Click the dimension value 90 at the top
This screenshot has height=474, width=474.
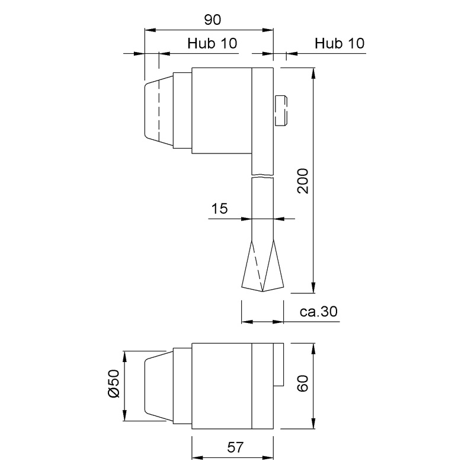(213, 20)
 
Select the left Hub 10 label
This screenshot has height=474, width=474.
(212, 43)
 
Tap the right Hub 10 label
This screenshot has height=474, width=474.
(340, 43)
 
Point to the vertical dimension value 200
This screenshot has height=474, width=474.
(303, 181)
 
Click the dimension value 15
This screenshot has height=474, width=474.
(219, 209)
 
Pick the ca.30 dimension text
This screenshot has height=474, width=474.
(319, 312)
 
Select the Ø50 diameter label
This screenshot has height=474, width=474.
(114, 383)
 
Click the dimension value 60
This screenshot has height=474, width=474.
(303, 383)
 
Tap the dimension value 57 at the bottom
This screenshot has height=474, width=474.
(235, 447)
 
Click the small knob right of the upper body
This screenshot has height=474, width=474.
(281, 111)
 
